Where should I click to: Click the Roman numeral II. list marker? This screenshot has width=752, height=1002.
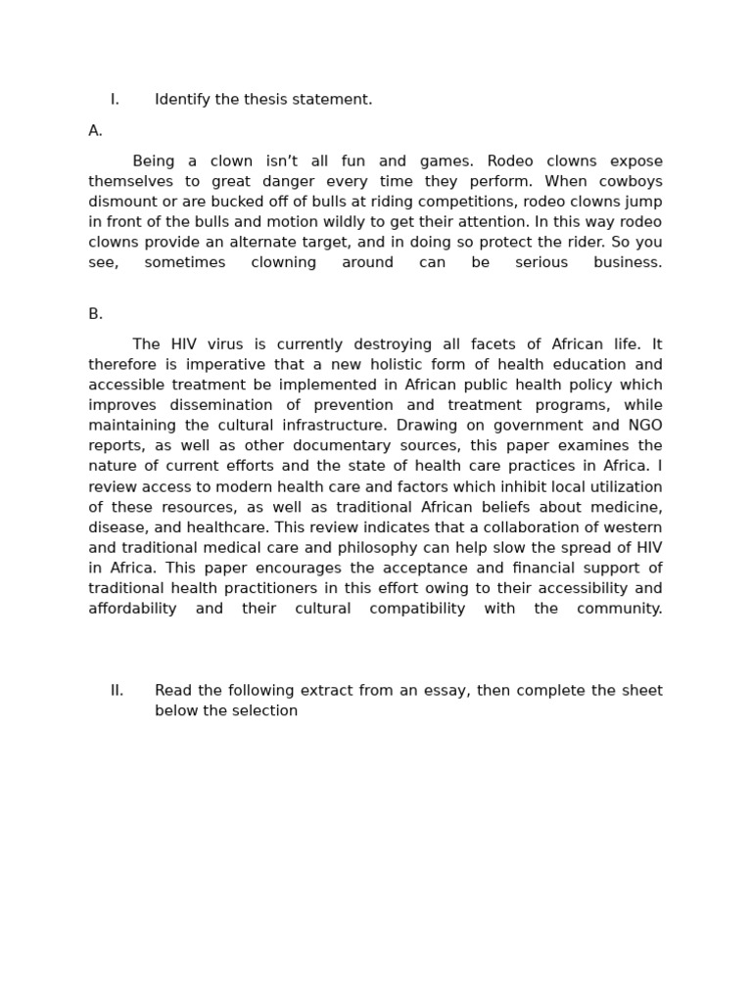click(117, 691)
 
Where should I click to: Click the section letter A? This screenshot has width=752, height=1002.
click(95, 131)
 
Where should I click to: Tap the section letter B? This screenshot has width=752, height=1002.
click(95, 314)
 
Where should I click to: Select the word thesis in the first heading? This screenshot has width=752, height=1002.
click(254, 100)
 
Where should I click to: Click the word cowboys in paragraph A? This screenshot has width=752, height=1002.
click(632, 182)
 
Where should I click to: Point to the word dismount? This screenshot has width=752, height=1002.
click(121, 202)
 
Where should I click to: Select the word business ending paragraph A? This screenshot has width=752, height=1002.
click(628, 263)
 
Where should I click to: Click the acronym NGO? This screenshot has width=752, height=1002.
click(645, 426)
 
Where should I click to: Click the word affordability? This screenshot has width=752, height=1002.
click(132, 609)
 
